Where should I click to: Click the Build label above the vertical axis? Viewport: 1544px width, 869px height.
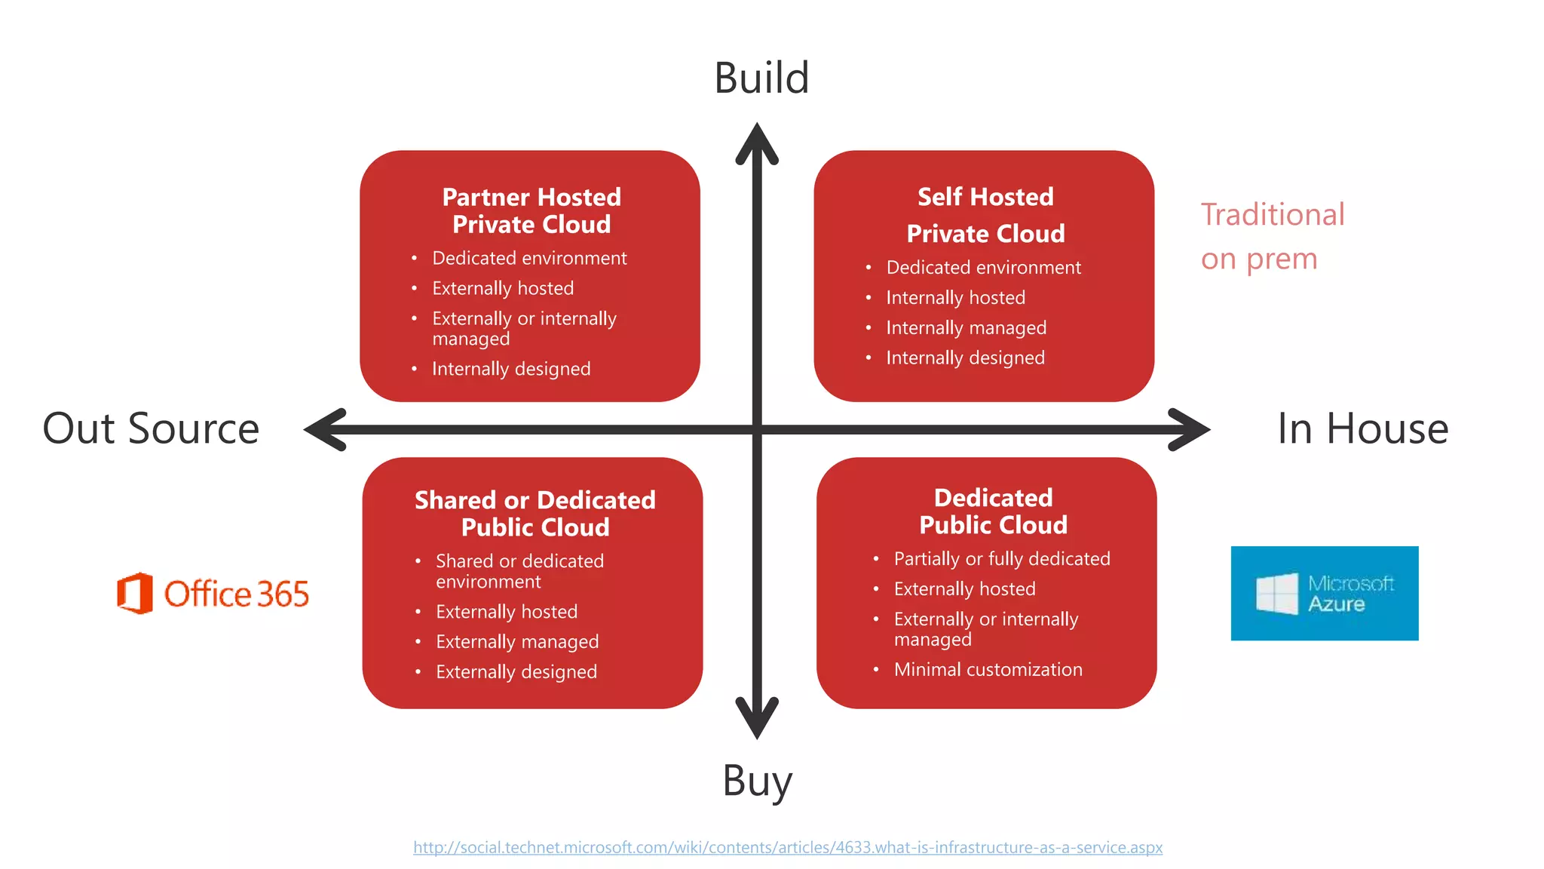(x=761, y=78)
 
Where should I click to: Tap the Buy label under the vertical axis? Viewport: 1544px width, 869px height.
(x=757, y=781)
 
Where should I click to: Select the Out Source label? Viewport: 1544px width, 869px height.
(x=151, y=428)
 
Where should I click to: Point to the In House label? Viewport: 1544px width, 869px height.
(x=1362, y=428)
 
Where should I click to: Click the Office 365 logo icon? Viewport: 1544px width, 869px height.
(x=136, y=593)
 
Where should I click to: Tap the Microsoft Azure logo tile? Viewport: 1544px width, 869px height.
(x=1324, y=593)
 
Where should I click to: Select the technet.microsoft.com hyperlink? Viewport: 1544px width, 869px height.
(x=787, y=847)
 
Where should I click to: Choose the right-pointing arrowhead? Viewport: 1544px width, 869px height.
(x=1189, y=430)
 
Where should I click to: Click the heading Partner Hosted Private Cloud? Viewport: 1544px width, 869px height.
(x=531, y=211)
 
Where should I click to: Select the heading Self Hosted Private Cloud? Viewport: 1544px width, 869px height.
(x=985, y=215)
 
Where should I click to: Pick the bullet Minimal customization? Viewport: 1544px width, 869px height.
(x=988, y=669)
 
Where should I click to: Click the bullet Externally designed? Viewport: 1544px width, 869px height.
(x=516, y=671)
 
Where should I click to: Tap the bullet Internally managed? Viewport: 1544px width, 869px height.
(x=966, y=327)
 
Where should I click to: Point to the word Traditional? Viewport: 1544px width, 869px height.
(x=1273, y=215)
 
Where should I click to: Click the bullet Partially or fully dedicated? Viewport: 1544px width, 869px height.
(x=1001, y=558)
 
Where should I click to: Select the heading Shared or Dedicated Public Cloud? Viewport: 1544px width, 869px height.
(x=535, y=513)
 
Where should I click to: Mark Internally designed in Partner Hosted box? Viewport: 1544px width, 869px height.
(x=510, y=369)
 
